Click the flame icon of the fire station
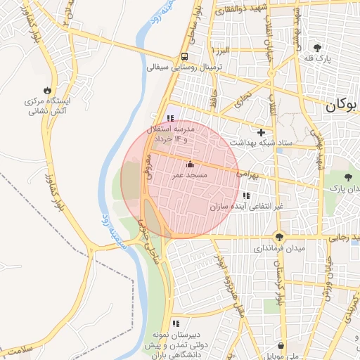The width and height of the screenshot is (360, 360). [x=47, y=90]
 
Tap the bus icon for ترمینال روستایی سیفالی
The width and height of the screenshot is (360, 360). [x=184, y=56]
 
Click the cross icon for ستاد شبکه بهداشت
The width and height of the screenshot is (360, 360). [x=261, y=131]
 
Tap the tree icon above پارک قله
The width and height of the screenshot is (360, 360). [x=319, y=48]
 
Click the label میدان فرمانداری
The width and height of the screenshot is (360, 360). [x=279, y=249]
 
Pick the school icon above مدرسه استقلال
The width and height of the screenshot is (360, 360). [x=169, y=119]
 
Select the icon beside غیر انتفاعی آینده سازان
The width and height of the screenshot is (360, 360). [x=245, y=195]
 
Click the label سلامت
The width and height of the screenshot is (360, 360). [x=18, y=349]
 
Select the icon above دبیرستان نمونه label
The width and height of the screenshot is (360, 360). [x=175, y=323]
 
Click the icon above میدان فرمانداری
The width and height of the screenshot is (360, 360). [x=280, y=237]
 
